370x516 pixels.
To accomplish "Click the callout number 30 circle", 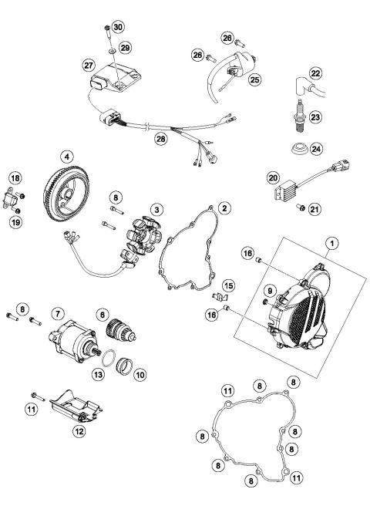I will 116,26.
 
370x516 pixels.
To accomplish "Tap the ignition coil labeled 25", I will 231,70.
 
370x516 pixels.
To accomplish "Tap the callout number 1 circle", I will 331,244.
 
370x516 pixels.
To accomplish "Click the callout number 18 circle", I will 15,178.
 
